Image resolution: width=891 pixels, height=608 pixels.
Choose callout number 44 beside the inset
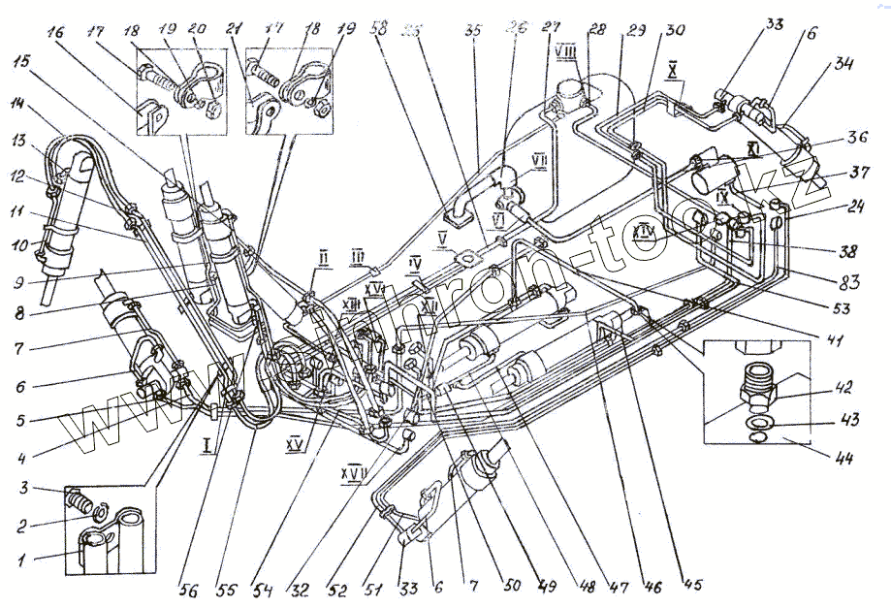click(x=843, y=455)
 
